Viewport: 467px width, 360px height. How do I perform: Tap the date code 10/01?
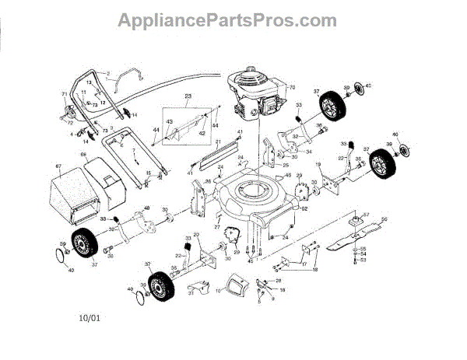pyautogui.click(x=90, y=317)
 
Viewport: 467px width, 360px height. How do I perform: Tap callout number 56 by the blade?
pyautogui.click(x=383, y=220)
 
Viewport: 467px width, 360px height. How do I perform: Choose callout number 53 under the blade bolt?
pyautogui.click(x=363, y=260)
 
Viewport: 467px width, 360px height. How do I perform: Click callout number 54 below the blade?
pyautogui.click(x=363, y=254)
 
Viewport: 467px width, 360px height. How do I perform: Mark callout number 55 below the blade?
pyautogui.click(x=363, y=248)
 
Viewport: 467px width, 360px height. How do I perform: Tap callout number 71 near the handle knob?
pyautogui.click(x=65, y=94)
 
